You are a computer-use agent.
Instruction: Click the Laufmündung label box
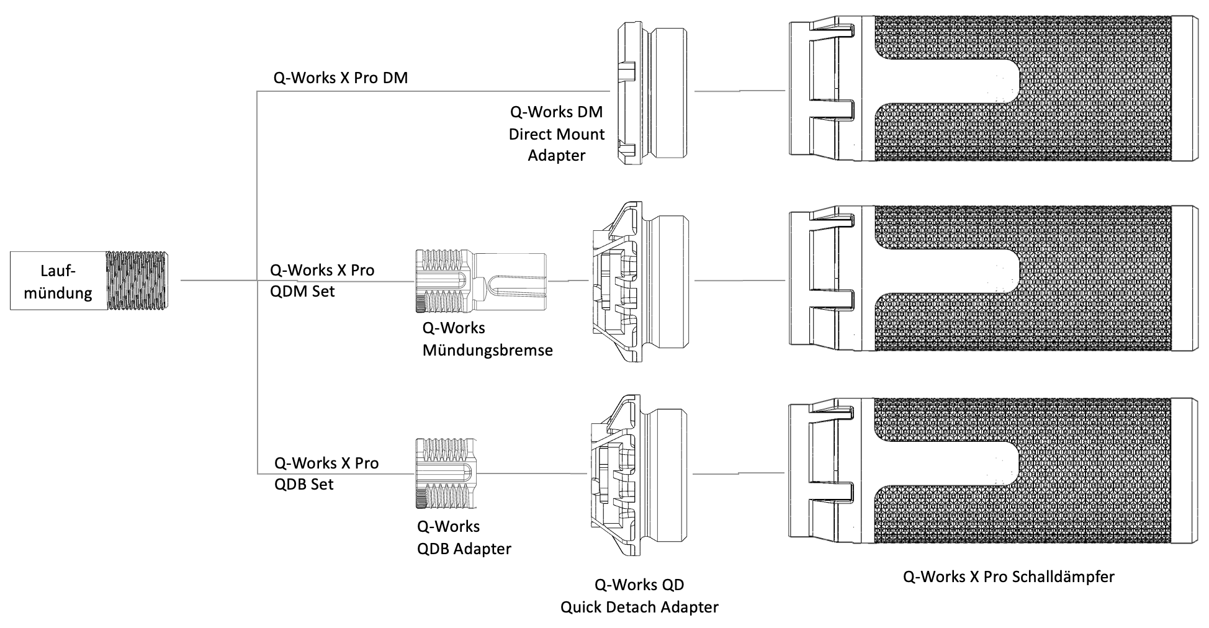(x=58, y=281)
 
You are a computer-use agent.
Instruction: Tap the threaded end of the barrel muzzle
(x=137, y=280)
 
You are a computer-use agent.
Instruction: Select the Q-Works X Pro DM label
(x=340, y=78)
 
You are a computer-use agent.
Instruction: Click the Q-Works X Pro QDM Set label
(x=322, y=280)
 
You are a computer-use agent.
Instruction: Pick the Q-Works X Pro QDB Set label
(x=326, y=473)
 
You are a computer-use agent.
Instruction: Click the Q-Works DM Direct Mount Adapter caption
(x=556, y=133)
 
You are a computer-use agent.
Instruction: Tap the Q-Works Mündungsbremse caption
(x=487, y=339)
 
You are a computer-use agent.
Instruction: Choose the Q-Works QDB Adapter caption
(x=464, y=537)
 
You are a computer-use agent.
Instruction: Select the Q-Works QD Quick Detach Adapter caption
(x=639, y=596)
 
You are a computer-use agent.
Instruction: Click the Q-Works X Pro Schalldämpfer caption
(x=1009, y=576)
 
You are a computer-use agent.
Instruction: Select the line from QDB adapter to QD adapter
(x=534, y=474)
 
